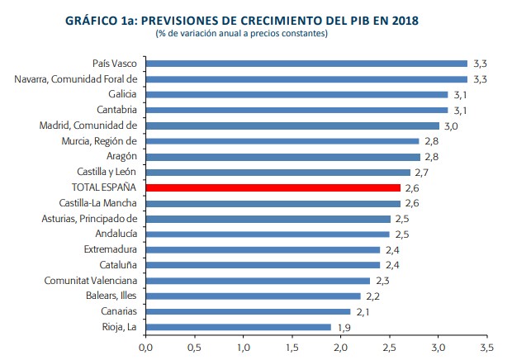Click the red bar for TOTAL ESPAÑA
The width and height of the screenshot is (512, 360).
tap(273, 187)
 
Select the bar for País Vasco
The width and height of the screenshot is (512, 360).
tap(306, 64)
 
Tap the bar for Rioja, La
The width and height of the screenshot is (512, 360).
tap(238, 327)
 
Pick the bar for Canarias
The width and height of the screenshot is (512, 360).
tap(248, 311)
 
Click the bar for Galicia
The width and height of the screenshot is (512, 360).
tap(296, 94)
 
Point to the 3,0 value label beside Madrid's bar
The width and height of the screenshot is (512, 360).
tap(451, 126)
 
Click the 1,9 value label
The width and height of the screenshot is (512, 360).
tap(343, 327)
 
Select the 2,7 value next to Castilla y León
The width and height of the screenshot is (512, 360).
tap(422, 172)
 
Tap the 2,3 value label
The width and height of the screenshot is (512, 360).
tap(382, 281)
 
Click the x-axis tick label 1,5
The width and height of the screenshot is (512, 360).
tap(292, 347)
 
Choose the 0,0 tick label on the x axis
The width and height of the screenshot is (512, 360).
tap(145, 347)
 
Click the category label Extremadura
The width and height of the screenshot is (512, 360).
tap(110, 249)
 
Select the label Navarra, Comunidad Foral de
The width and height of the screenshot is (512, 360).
tap(75, 79)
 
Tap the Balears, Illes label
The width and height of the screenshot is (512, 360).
tap(107, 296)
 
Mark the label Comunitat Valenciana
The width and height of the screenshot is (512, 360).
tap(90, 281)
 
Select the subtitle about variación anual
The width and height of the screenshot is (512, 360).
tap(241, 33)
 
